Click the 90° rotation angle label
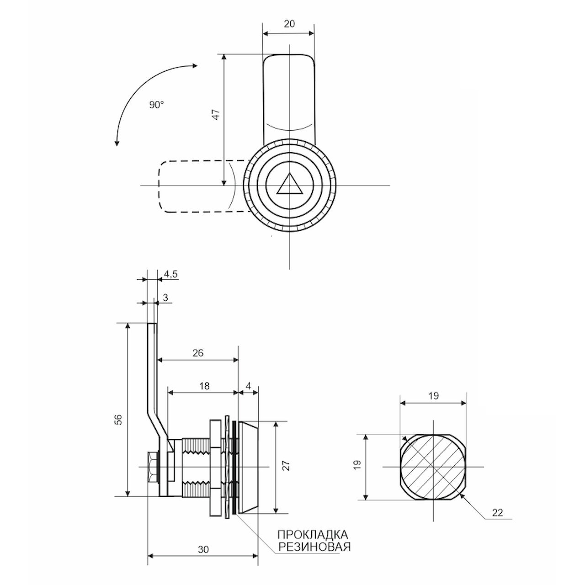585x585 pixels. tap(156, 105)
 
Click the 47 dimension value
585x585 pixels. tap(216, 115)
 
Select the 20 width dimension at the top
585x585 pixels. tap(289, 24)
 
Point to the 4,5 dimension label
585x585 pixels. tap(171, 274)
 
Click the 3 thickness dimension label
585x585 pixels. tap(165, 298)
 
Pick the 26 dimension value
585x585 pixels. tap(198, 353)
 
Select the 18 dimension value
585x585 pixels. tap(204, 386)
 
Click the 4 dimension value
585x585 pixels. tap(249, 386)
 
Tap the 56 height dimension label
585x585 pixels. tap(119, 419)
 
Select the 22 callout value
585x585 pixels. tap(497, 512)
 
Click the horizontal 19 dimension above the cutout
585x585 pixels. tap(434, 396)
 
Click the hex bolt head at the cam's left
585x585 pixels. tap(153, 467)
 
